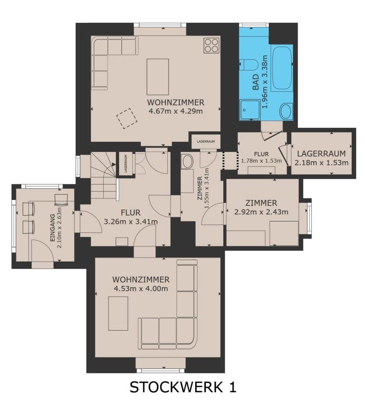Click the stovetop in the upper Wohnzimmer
tap(211, 45)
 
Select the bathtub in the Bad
tap(282, 68)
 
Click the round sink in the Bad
tap(286, 111)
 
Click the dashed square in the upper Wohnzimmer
tap(127, 118)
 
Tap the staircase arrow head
tap(114, 164)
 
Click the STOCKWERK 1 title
tap(183, 387)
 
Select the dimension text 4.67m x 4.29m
tap(176, 111)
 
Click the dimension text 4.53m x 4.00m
tap(141, 289)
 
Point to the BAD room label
tap(256, 82)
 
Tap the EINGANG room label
tap(52, 228)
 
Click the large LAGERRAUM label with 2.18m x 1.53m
tap(321, 158)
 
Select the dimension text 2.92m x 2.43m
tap(261, 212)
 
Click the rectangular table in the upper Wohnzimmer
tap(157, 77)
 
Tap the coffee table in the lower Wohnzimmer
tap(118, 313)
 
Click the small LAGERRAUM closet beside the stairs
tap(126, 163)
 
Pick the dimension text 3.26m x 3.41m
tap(131, 222)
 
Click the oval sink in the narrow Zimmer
tap(187, 161)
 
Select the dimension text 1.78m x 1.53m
tap(261, 161)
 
